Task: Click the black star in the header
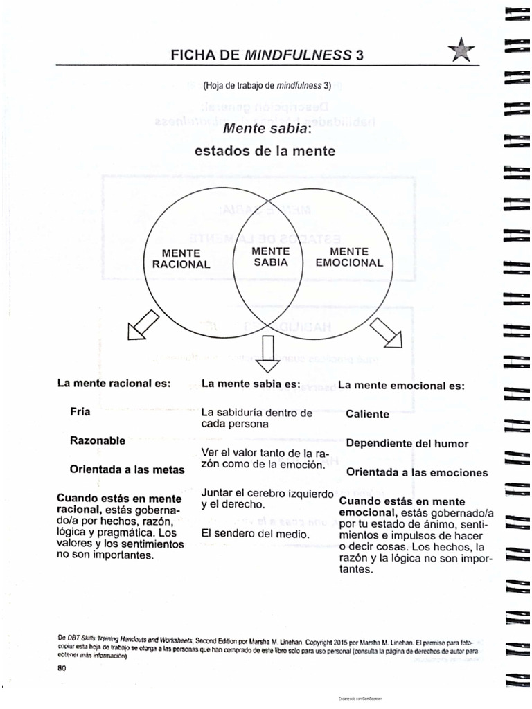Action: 461,51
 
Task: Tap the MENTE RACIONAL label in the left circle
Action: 181,258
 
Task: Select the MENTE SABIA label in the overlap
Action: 269,257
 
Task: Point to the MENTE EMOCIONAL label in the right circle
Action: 349,257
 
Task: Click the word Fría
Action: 80,411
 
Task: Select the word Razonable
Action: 98,440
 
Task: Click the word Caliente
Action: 367,414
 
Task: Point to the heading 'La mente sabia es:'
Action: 250,384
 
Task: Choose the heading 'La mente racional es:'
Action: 114,384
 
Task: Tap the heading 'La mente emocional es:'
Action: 401,386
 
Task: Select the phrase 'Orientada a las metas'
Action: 127,469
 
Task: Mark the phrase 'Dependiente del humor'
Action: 407,443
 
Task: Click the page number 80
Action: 62,668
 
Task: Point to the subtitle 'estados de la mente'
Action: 265,150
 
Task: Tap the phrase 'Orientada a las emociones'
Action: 417,473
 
